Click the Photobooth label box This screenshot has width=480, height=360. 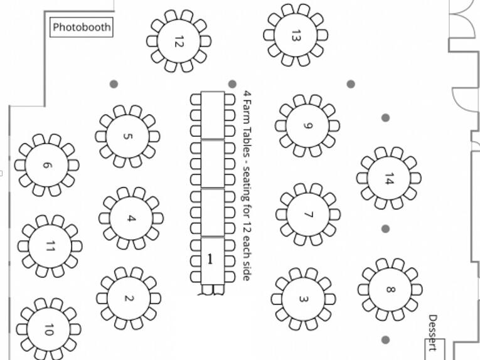(x=82, y=27)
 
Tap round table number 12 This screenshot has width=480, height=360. (x=179, y=41)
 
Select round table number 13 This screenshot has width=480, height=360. (x=296, y=35)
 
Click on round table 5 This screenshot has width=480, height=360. (x=127, y=137)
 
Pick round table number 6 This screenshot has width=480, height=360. (x=47, y=165)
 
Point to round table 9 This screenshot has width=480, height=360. (x=307, y=125)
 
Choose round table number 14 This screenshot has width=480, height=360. (x=389, y=178)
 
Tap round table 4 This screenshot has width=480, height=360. (x=131, y=218)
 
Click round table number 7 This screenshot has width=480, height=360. (x=308, y=214)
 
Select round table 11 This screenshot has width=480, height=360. (x=50, y=246)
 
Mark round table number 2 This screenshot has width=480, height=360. (x=129, y=298)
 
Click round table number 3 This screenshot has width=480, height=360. (x=303, y=299)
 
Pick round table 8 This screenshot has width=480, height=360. (x=390, y=289)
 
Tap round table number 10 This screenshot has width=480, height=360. (x=49, y=329)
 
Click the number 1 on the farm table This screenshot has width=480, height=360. (x=210, y=259)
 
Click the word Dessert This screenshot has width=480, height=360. (x=432, y=333)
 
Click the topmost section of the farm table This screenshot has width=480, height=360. (x=213, y=115)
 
